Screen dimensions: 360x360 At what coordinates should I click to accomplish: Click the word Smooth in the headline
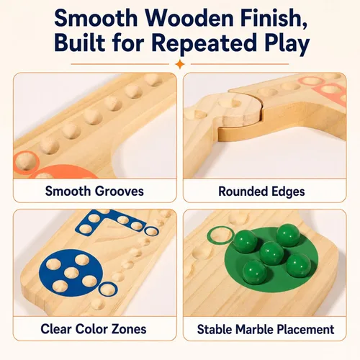tap(96, 19)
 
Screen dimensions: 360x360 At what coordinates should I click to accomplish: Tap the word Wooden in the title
tap(189, 19)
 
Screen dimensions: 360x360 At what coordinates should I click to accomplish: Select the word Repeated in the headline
tap(204, 43)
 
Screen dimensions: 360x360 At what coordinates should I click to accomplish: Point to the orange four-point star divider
tap(180, 64)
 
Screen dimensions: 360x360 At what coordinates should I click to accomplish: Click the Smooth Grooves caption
tap(94, 192)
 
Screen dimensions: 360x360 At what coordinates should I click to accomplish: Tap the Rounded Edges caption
tap(261, 192)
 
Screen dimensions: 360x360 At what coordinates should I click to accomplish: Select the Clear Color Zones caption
tap(94, 329)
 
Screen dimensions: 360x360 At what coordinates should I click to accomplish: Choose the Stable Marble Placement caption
tap(266, 329)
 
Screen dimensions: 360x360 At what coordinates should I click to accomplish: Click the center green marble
tap(272, 253)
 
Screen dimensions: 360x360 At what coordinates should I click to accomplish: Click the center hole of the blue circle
tap(71, 273)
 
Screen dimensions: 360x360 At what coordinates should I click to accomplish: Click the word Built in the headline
tap(80, 43)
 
